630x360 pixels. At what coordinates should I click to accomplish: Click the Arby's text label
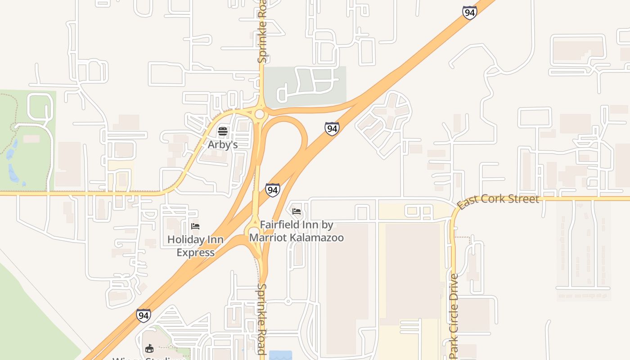pos(222,145)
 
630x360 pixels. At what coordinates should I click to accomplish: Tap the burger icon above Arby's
pos(222,131)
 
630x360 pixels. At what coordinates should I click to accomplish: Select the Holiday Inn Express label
pos(195,246)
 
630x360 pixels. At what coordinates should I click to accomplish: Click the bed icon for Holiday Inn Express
pos(195,226)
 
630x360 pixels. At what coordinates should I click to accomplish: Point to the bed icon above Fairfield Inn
pos(297,211)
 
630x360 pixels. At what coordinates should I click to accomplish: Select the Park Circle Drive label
pos(454,313)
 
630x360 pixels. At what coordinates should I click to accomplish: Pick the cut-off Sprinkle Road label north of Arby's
pos(262,31)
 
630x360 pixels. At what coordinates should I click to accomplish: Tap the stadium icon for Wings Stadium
pos(149,348)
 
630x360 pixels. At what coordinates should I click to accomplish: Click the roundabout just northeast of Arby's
pos(259,114)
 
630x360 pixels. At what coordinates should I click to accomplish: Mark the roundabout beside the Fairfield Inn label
pos(253,233)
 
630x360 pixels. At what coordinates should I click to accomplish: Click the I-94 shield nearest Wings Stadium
pos(143,315)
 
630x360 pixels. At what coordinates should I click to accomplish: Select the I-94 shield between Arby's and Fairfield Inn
pos(272,190)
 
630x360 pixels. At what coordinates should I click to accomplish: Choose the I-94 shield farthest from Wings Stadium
pos(469,13)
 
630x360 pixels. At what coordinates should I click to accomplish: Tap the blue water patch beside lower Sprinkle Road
pos(280,355)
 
